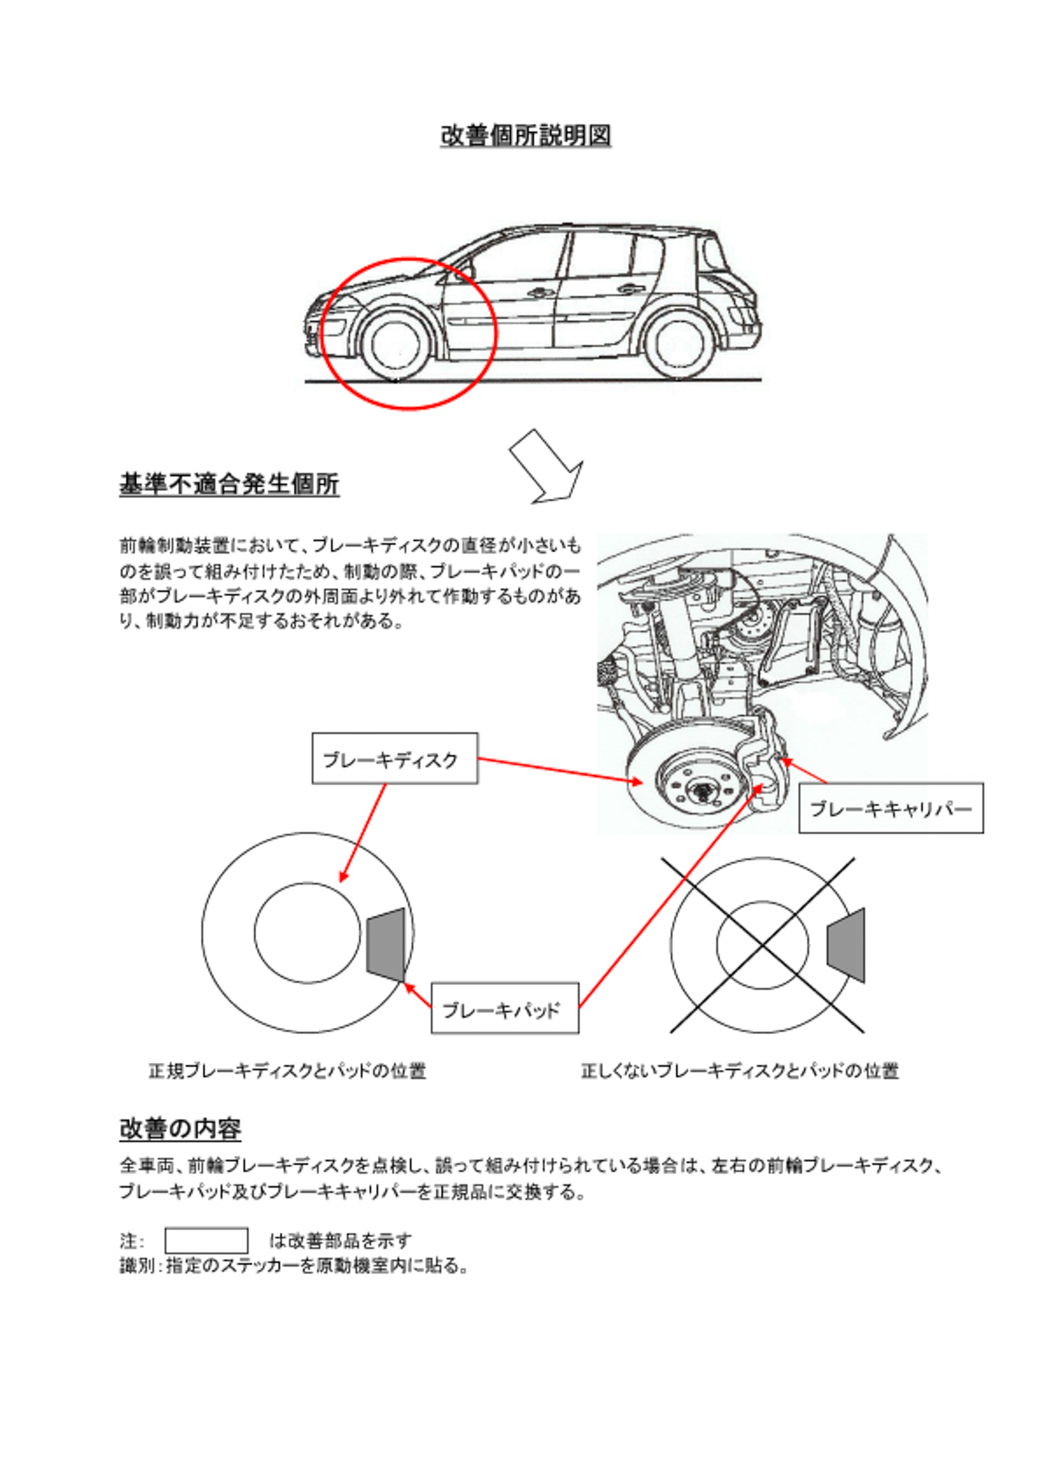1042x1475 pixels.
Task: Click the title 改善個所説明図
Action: [x=525, y=135]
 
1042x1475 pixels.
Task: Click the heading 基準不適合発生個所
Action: [x=229, y=484]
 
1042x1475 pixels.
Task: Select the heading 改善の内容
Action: [x=180, y=1128]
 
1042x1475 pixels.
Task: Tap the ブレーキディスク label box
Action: [x=394, y=759]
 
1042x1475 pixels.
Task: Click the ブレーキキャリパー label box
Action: [x=890, y=809]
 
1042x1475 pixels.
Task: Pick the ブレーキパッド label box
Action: [x=504, y=1009]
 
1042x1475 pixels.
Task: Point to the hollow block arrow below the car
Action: [x=546, y=467]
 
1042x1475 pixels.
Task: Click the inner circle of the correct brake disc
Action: [x=307, y=931]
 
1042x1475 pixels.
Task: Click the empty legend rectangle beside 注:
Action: [x=206, y=1241]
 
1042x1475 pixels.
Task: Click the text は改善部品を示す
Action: [x=340, y=1241]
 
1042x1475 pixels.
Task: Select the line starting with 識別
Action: [x=293, y=1266]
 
